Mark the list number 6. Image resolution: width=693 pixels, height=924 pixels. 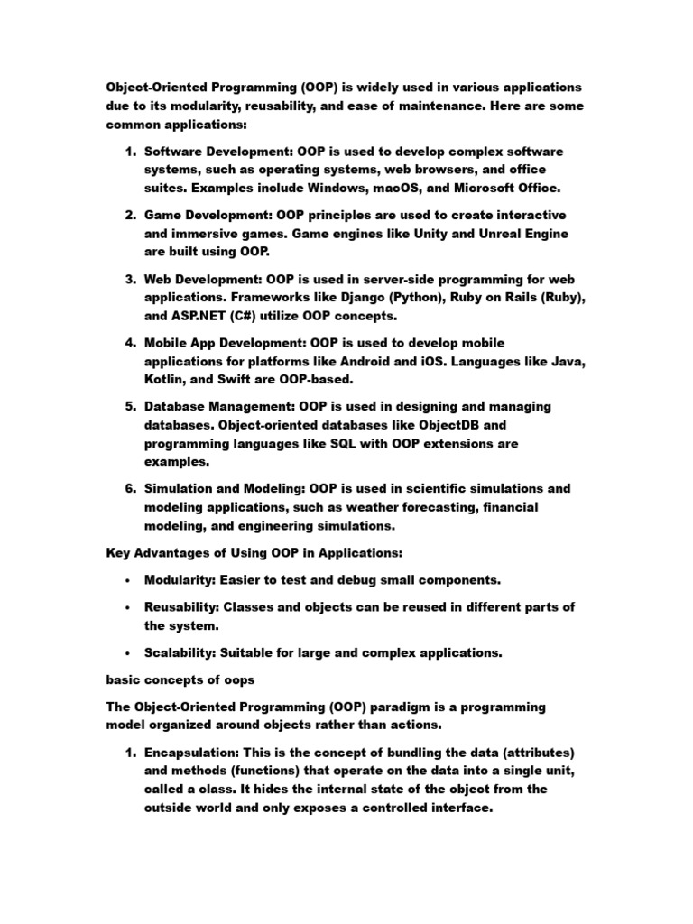tap(130, 489)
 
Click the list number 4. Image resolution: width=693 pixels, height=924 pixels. tap(130, 343)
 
